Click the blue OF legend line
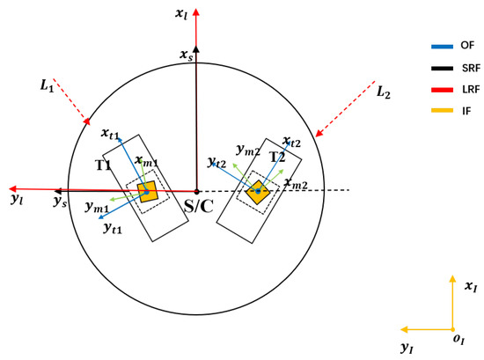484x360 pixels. click(442, 47)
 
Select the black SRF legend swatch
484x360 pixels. click(442, 69)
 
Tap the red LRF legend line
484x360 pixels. click(442, 90)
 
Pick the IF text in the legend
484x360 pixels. click(466, 111)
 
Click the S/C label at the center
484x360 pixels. click(199, 206)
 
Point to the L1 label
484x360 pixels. click(47, 85)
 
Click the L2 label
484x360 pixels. click(384, 92)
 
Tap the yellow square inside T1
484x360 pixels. click(148, 192)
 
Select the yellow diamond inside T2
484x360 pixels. click(258, 192)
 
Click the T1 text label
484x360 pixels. click(103, 165)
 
